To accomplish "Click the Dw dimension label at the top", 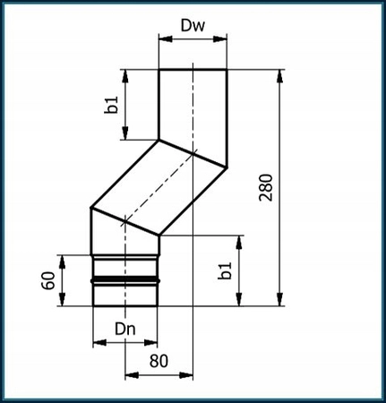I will pyautogui.click(x=192, y=27).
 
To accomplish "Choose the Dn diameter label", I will pyautogui.click(x=124, y=329).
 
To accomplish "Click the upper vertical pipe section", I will pyautogui.click(x=192, y=106).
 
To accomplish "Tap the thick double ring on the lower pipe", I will pyautogui.click(x=124, y=279).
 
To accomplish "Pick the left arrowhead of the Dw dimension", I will pyautogui.click(x=162, y=39).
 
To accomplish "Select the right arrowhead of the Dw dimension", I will pyautogui.click(x=222, y=39).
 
